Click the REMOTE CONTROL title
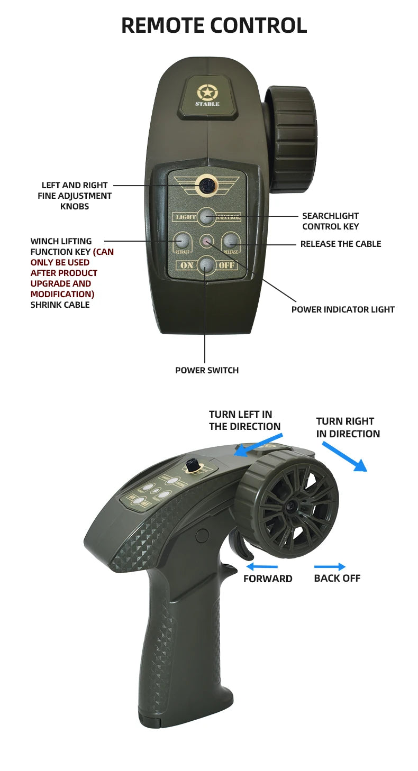click(214, 25)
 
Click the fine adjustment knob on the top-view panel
click(207, 185)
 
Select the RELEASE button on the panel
click(230, 241)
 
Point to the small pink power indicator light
click(206, 241)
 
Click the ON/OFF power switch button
click(206, 264)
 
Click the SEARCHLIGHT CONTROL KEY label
click(330, 221)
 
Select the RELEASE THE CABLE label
click(340, 244)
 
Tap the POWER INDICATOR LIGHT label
click(343, 309)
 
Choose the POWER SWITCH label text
click(207, 370)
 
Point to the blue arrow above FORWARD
click(262, 567)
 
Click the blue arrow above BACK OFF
click(330, 567)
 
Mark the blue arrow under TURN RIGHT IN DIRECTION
click(344, 456)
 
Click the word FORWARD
click(268, 579)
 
